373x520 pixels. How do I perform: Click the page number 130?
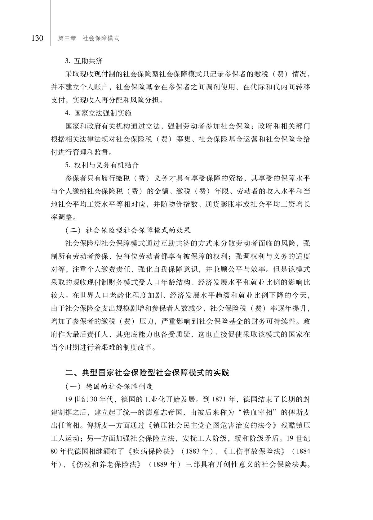(37, 38)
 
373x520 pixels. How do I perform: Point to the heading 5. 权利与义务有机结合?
(102, 165)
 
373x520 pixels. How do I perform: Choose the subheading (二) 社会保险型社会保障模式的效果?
(128, 230)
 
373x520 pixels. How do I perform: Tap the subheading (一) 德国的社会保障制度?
(109, 387)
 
